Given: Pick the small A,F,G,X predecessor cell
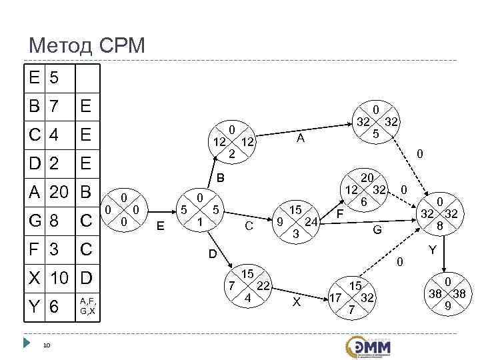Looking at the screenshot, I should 88,307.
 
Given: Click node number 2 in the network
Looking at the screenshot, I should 231,141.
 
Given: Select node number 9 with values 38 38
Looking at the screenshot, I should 447,294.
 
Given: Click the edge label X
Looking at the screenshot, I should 297,302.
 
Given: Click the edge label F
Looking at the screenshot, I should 339,214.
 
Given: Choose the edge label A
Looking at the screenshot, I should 301,138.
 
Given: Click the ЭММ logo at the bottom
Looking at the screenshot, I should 368,346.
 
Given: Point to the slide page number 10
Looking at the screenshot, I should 47,345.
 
